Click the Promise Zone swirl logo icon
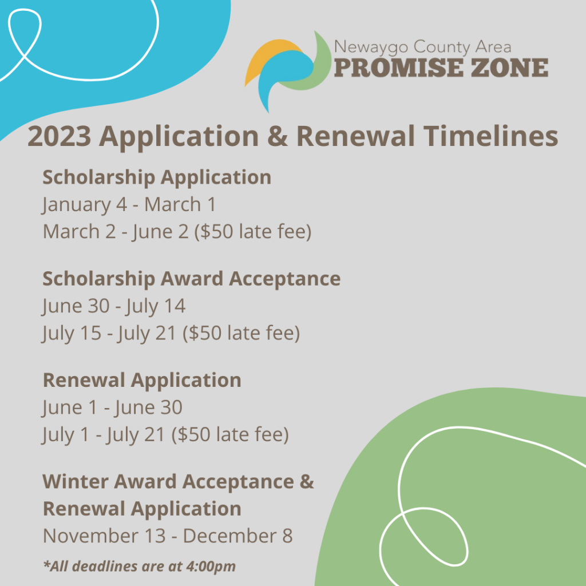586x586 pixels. click(288, 71)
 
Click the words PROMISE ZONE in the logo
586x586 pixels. click(441, 68)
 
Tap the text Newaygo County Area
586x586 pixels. click(423, 47)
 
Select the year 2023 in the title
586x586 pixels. click(60, 136)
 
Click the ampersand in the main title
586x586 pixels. click(278, 136)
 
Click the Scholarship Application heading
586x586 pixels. click(157, 177)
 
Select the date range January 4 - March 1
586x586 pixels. click(129, 204)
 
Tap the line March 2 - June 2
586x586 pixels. click(177, 232)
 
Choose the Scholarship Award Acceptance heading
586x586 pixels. click(192, 279)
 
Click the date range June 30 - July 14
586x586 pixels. click(114, 306)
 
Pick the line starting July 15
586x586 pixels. click(171, 334)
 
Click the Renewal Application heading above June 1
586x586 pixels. click(142, 381)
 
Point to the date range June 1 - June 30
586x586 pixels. click(112, 407)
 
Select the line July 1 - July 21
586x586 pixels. click(165, 435)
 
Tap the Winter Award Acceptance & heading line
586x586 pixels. click(179, 481)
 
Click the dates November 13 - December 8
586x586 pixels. click(168, 536)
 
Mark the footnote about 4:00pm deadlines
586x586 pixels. click(140, 566)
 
